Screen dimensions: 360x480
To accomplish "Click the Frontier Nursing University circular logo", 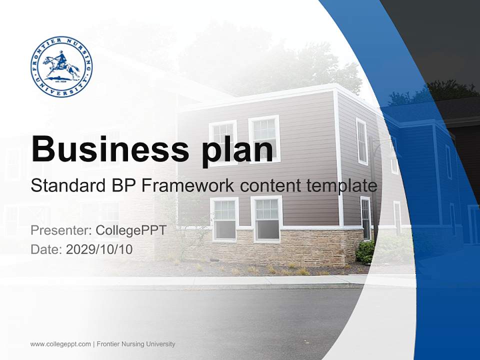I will click(x=61, y=66).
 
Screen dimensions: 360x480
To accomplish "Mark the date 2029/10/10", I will click(x=99, y=249).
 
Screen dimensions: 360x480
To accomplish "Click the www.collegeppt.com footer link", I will click(x=60, y=344).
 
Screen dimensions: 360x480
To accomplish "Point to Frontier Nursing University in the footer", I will click(x=135, y=344).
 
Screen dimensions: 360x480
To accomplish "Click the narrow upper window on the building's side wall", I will click(x=361, y=141).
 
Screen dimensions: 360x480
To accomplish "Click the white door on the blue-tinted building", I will click(x=473, y=224).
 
